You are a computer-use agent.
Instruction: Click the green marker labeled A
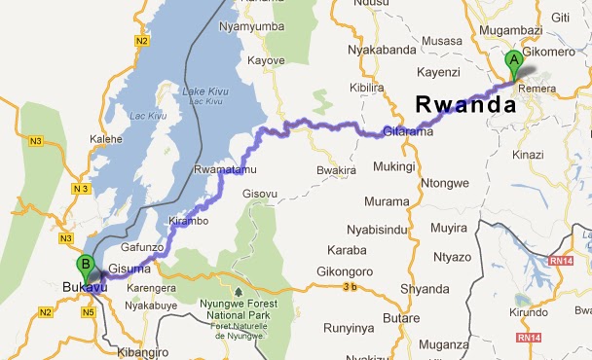[x=512, y=62]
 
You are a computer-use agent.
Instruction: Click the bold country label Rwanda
[x=464, y=103]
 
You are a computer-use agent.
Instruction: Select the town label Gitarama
[x=405, y=131]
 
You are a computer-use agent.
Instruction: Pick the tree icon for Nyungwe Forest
[x=238, y=289]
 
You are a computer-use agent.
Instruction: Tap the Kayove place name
[x=265, y=59]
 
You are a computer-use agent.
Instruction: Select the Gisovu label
[x=261, y=193]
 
